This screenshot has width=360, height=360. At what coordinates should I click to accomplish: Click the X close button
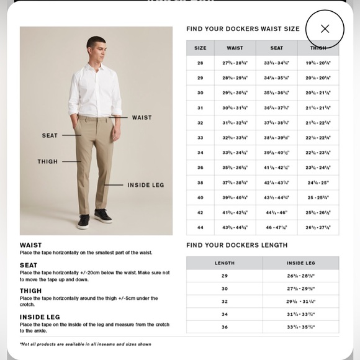[325, 29]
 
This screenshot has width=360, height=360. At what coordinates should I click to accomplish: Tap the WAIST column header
[235, 48]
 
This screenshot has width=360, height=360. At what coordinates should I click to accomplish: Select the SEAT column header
[277, 48]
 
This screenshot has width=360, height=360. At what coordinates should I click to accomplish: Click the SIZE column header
[200, 48]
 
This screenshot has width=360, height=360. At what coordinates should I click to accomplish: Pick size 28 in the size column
[200, 63]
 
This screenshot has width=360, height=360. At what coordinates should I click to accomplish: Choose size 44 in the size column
[200, 227]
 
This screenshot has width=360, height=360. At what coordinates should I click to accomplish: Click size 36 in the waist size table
[200, 168]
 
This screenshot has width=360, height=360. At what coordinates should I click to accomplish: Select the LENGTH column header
[225, 263]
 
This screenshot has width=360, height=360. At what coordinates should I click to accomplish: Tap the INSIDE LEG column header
[301, 263]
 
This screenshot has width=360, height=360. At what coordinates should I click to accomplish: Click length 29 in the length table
[225, 276]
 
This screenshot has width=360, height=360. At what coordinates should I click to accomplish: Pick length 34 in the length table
[225, 314]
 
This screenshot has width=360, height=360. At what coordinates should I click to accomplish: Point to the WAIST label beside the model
[142, 117]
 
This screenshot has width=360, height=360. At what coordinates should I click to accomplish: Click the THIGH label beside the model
[47, 161]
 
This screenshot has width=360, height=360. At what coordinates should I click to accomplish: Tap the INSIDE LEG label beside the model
[146, 185]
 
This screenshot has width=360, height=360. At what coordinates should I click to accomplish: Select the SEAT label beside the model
[50, 135]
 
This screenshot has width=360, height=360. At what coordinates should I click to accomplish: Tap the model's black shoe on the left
[83, 222]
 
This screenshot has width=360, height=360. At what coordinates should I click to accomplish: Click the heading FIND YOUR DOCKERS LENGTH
[237, 245]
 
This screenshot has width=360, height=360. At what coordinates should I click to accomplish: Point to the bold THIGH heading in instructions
[31, 290]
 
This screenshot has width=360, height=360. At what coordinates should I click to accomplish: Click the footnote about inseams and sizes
[85, 344]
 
